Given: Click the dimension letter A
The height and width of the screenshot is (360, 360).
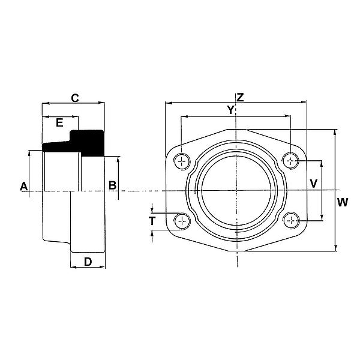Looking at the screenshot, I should pos(24,186).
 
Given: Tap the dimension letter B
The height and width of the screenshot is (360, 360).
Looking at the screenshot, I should pos(112,185).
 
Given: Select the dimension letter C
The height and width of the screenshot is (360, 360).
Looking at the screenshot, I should pos(75,97).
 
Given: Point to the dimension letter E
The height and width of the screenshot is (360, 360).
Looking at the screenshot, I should pos(59,122).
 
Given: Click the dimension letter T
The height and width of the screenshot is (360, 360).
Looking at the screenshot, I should pos(152,221).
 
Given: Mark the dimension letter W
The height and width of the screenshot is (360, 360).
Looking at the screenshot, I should pos(342,202).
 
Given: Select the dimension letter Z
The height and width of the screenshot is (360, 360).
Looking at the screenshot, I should pos(240,97).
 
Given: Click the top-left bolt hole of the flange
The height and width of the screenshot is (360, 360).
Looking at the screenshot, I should pos(182,160).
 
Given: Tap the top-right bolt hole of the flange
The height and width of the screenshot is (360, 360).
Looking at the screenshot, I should pos(292,160).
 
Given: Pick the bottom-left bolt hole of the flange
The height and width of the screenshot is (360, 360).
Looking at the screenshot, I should pos(182,221).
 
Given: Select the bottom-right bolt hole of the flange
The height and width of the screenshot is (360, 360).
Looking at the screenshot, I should pos(292,221).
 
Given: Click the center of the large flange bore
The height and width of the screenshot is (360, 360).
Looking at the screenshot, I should pos(237,191).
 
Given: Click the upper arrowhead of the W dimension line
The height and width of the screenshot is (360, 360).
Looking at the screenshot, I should pos(335,131).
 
